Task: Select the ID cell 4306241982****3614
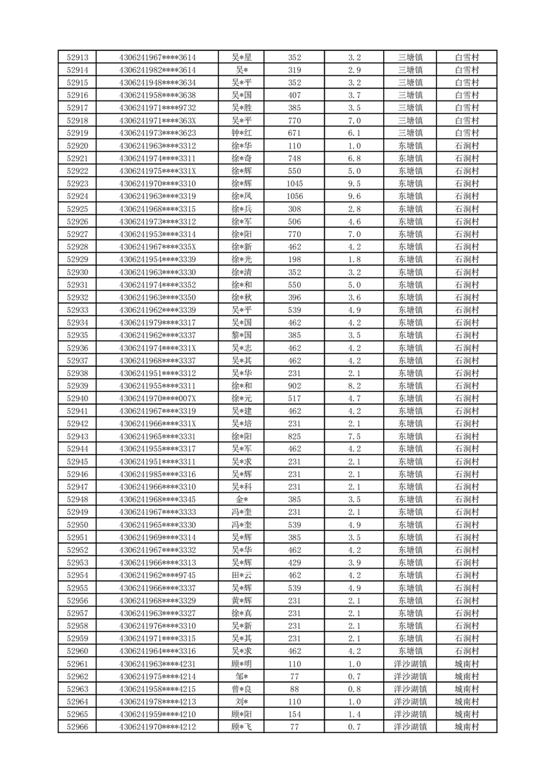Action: [x=157, y=71]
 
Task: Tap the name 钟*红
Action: [x=242, y=133]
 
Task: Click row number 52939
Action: [x=77, y=386]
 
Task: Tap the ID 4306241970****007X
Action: [x=157, y=398]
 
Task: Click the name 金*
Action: [x=242, y=500]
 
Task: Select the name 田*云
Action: [x=242, y=575]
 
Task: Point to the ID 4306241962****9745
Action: [x=157, y=575]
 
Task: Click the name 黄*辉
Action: [x=242, y=600]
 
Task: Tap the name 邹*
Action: [x=242, y=676]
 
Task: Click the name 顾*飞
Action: [x=242, y=727]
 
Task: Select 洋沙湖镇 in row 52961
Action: [x=410, y=664]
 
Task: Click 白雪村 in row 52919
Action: [x=466, y=133]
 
